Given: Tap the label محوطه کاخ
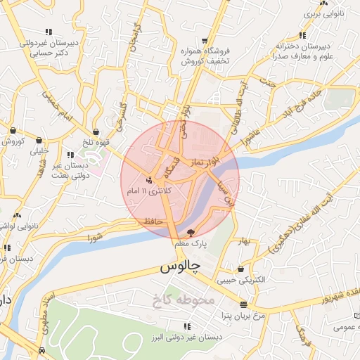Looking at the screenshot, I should click(181, 301).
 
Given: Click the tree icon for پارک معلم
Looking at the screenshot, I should click(191, 232).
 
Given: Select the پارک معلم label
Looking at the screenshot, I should click(191, 243).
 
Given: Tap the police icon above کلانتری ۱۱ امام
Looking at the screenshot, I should click(148, 180).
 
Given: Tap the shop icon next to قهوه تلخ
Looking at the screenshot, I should click(95, 131).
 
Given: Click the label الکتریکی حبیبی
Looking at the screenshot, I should click(241, 279).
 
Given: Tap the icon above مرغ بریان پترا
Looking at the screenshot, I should click(243, 305).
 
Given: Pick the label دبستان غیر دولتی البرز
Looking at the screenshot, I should click(186, 337).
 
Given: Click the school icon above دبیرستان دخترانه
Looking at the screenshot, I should click(302, 35).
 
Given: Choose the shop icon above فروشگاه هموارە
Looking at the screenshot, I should click(203, 41).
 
